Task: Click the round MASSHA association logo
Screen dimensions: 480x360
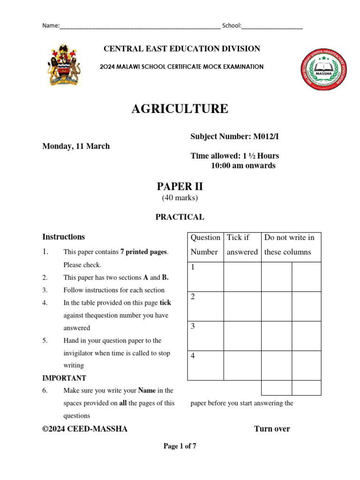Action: tap(324, 68)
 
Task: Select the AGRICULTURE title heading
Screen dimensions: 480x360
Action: tap(180, 109)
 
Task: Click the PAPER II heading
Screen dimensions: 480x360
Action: tap(180, 187)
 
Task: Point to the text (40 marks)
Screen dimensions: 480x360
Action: tap(180, 198)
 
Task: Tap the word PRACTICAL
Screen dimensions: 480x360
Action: tap(180, 217)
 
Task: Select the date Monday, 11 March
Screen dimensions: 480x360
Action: tap(76, 146)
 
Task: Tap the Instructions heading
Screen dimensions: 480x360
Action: tap(64, 237)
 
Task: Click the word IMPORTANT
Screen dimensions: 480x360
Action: tap(64, 378)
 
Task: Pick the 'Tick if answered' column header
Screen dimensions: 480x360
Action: tap(242, 245)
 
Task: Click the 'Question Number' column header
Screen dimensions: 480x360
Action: tap(205, 245)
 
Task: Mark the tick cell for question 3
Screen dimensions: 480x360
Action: tap(242, 336)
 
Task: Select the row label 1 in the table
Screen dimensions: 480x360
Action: tap(193, 267)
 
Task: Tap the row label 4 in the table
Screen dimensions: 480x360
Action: tap(193, 356)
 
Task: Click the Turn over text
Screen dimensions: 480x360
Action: tap(272, 428)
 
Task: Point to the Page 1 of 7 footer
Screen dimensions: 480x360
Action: tap(180, 446)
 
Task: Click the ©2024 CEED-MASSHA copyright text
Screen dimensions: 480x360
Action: tap(85, 428)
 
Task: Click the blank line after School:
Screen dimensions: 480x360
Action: tap(272, 27)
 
